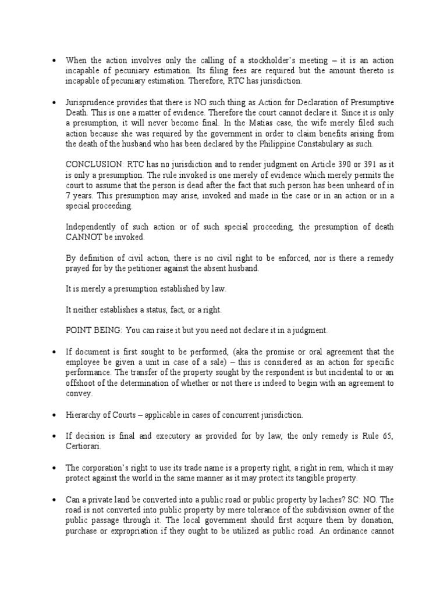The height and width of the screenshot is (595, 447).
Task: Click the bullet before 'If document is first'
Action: tap(54, 352)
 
